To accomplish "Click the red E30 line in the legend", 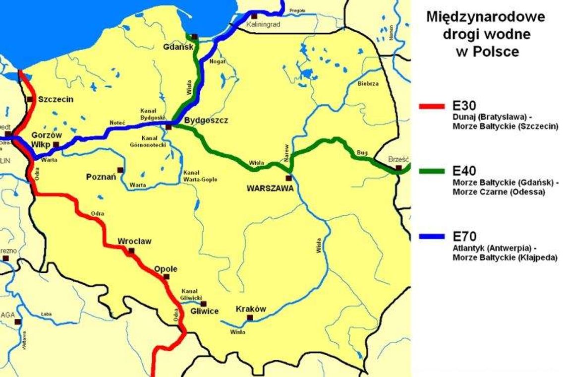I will click(x=432, y=106).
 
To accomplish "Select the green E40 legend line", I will click(x=432, y=171).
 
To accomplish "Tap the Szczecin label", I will click(x=56, y=99).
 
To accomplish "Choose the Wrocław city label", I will click(x=134, y=242).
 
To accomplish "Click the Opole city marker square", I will click(x=167, y=277).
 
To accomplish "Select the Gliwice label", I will click(x=204, y=312).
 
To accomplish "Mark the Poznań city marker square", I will click(x=120, y=170).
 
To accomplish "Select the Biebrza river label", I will click(x=368, y=84).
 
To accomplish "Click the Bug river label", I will click(x=362, y=153).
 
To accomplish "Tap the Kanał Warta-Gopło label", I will click(x=200, y=176).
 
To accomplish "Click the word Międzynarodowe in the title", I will click(x=486, y=17).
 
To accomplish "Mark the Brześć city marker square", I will click(x=398, y=169).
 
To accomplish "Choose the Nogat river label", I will click(x=218, y=62).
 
